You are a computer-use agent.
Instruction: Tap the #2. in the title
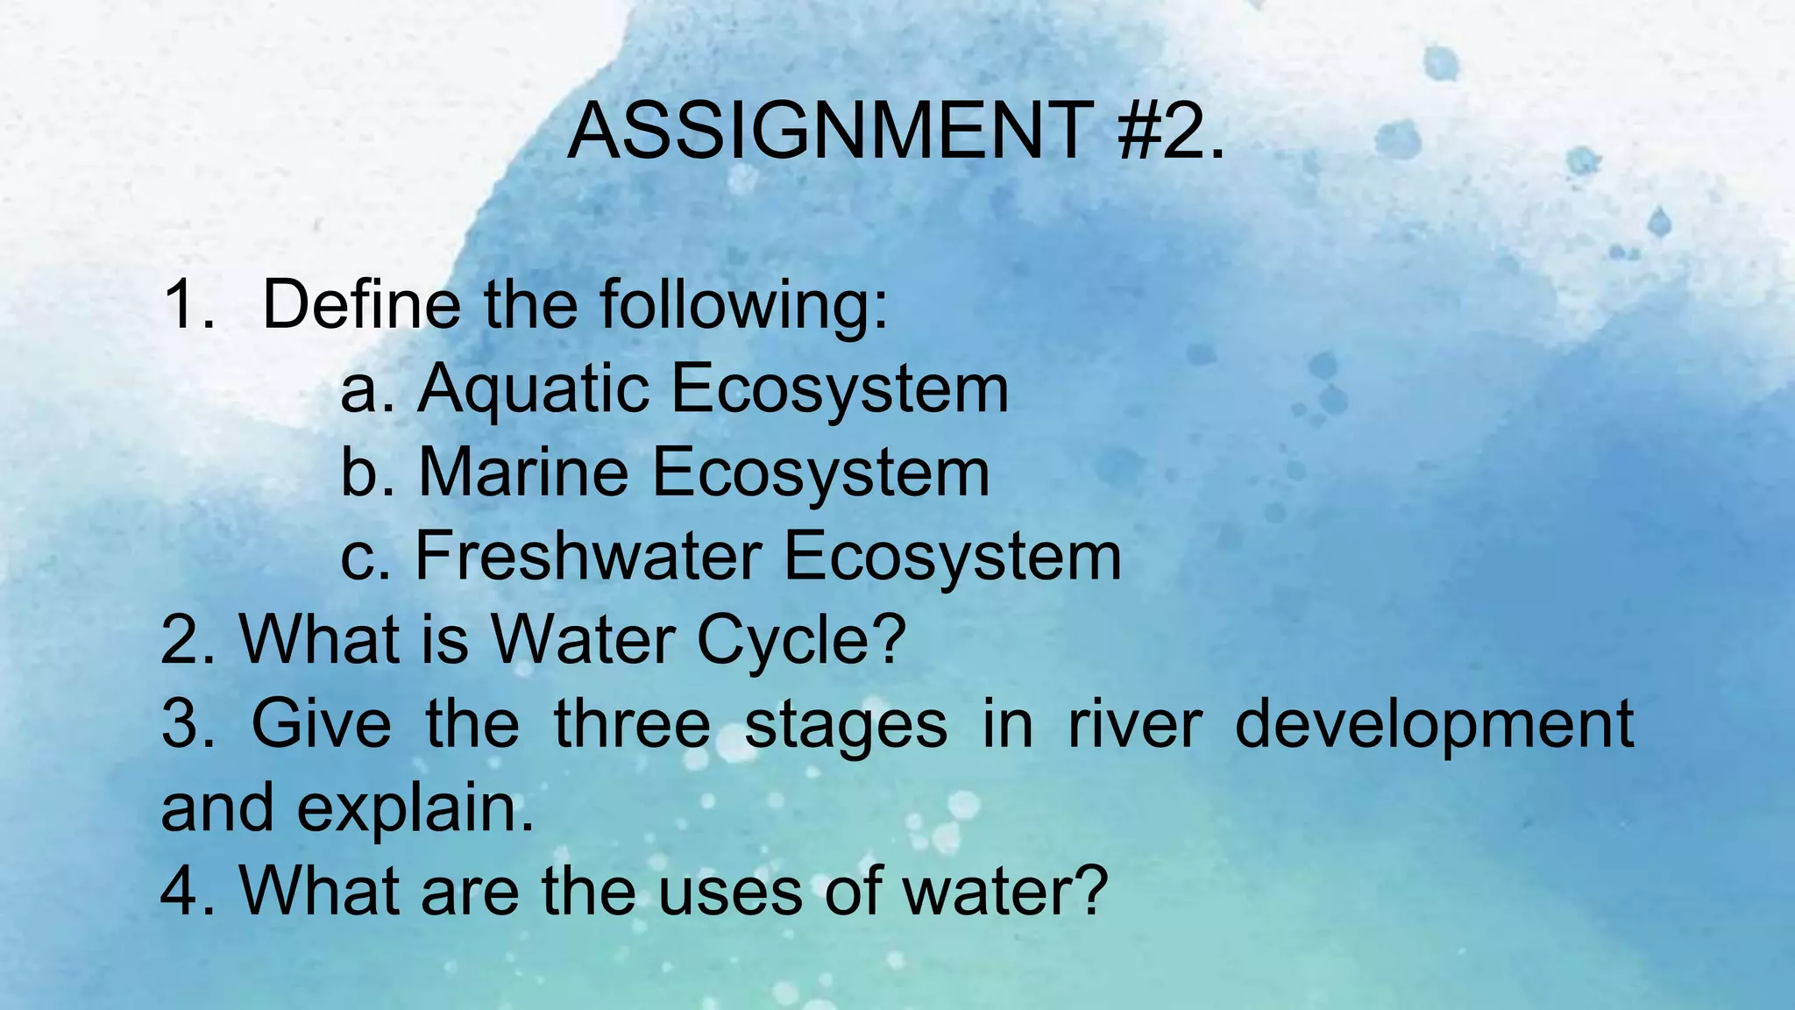pos(1171,132)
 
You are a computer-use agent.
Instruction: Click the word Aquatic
pos(533,389)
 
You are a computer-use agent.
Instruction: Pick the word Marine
pos(523,473)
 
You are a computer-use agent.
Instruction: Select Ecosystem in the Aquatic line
pos(840,389)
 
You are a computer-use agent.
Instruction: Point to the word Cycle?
pos(801,640)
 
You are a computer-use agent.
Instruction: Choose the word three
pos(632,724)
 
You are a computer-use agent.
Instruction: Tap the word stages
pos(846,726)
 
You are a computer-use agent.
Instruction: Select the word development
pos(1434,726)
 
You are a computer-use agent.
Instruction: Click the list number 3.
pos(185,724)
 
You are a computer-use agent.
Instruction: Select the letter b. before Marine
pos(365,473)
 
